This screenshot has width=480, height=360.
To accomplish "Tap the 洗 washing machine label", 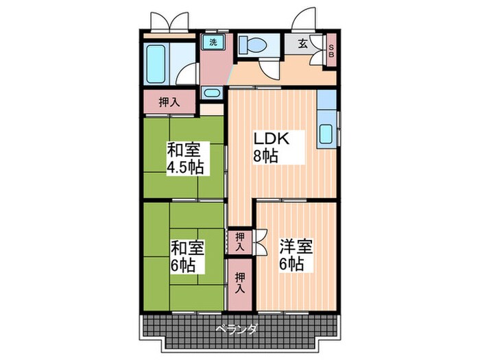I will pos(213,42).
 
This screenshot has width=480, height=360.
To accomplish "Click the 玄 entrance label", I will pos(302,43).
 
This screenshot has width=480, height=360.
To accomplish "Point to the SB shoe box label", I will pos(331,51).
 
